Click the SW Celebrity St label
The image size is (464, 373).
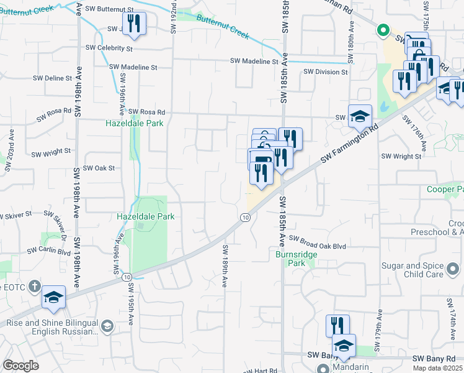[109, 48]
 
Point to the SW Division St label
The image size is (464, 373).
[326, 72]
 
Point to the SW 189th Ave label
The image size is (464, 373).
[225, 265]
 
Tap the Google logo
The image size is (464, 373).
[20, 366]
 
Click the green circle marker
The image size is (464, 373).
[383, 29]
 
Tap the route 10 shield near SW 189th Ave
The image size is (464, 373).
[246, 217]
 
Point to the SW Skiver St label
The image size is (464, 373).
[16, 215]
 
